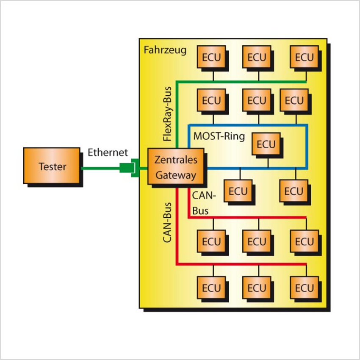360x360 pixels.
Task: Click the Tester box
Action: (x=52, y=166)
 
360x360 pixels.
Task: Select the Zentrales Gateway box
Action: (x=175, y=167)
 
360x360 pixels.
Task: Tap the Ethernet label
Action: (x=108, y=153)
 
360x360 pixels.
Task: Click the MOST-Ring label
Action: (x=219, y=136)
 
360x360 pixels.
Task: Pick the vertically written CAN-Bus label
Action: (x=167, y=222)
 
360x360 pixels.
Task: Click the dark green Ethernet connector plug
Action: (x=125, y=168)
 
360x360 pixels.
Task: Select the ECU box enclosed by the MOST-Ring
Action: (x=266, y=145)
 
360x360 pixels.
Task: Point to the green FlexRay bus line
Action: (x=237, y=81)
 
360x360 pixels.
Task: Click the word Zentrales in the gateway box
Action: (x=175, y=160)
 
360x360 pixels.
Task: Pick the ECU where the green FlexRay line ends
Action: (x=304, y=57)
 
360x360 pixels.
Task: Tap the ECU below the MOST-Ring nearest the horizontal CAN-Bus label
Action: (x=238, y=191)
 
